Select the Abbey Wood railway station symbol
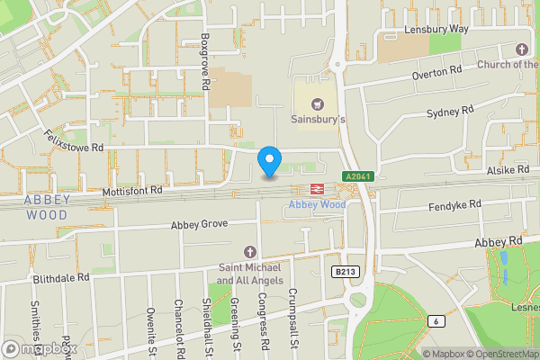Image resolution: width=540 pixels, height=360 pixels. pyautogui.click(x=317, y=189)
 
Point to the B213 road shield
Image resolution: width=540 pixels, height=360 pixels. pyautogui.click(x=341, y=271)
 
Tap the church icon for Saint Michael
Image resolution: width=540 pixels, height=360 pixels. pyautogui.click(x=250, y=251)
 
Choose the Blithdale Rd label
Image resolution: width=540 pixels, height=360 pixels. pyautogui.click(x=61, y=278)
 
